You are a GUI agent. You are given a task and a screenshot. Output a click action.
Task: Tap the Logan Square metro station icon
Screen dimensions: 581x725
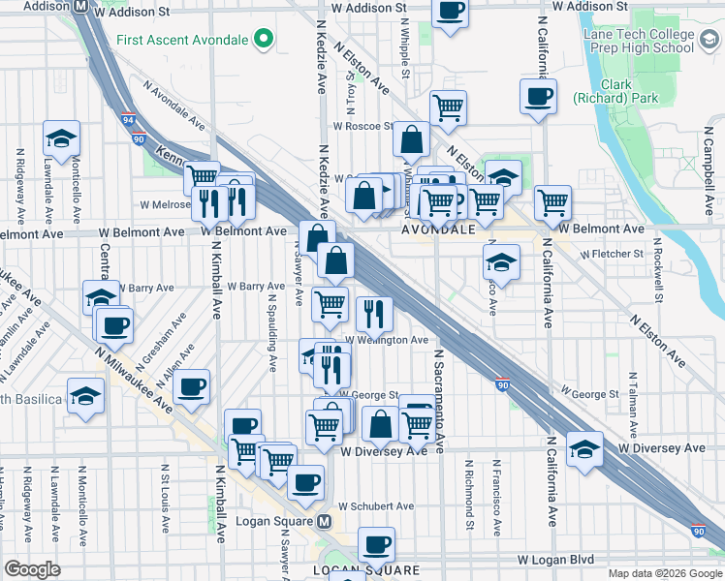pyautogui.click(x=325, y=522)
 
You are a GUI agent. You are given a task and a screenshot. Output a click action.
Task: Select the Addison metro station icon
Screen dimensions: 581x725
pyautogui.click(x=82, y=6)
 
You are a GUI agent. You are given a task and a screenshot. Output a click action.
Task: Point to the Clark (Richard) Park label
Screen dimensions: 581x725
pyautogui.click(x=615, y=91)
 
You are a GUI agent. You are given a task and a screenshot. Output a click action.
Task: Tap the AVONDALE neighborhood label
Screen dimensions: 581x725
pyautogui.click(x=439, y=230)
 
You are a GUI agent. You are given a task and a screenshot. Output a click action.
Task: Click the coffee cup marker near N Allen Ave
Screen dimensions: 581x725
pyautogui.click(x=192, y=386)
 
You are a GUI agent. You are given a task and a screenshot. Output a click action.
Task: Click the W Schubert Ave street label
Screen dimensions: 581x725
pyautogui.click(x=376, y=506)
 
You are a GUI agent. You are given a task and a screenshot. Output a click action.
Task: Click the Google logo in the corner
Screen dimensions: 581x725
pyautogui.click(x=32, y=569)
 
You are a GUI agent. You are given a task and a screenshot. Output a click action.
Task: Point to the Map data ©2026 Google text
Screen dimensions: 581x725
pyautogui.click(x=664, y=573)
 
